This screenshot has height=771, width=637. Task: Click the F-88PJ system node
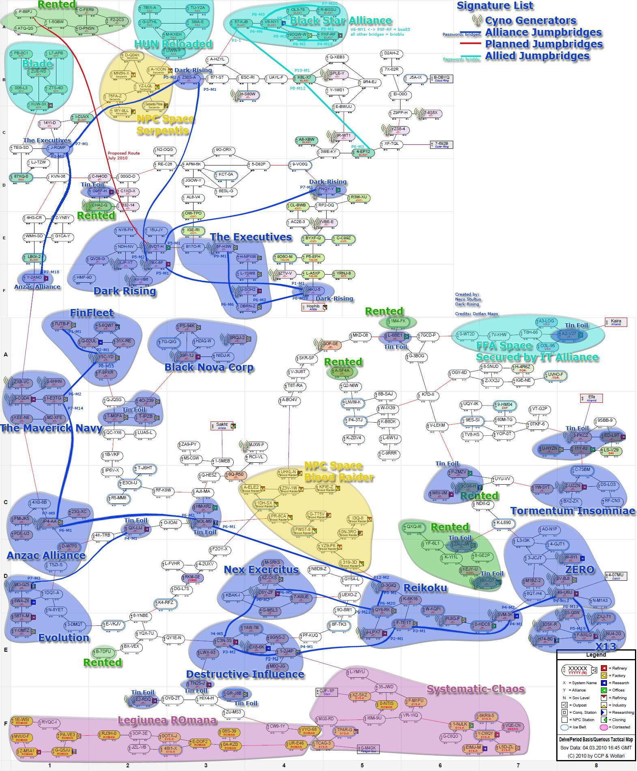[26, 12]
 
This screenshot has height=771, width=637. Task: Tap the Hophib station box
[314, 307]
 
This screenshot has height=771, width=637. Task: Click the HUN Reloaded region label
[174, 44]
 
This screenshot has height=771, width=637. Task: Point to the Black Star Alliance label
[341, 21]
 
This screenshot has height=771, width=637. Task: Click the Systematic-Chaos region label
[476, 689]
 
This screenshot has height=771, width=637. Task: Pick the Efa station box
[592, 398]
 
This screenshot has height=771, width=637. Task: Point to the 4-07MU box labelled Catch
[616, 576]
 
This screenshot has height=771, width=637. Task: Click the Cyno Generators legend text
[530, 20]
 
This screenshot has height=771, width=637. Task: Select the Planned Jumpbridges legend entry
[544, 44]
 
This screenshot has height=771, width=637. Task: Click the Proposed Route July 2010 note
[124, 155]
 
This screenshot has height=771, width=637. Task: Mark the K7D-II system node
[428, 395]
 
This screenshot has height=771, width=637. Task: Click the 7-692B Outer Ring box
[441, 145]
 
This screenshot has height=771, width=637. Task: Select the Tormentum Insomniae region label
[572, 511]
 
